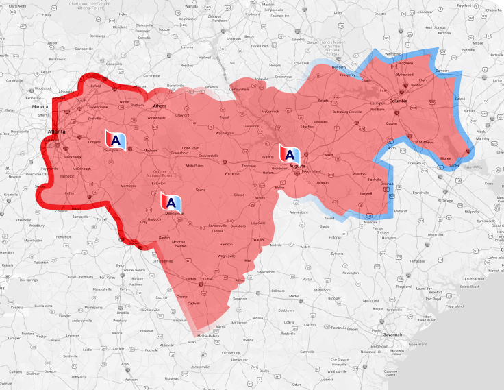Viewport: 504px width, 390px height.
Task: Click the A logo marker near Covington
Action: (x=116, y=138)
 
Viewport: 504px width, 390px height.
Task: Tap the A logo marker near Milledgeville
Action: (x=171, y=203)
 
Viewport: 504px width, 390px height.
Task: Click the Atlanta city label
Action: (x=56, y=132)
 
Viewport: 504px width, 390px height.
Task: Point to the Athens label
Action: (x=160, y=107)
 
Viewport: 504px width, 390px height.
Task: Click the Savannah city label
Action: (x=392, y=334)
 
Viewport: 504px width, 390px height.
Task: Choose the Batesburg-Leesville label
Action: (x=346, y=111)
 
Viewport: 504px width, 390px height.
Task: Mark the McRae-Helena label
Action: (x=207, y=336)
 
